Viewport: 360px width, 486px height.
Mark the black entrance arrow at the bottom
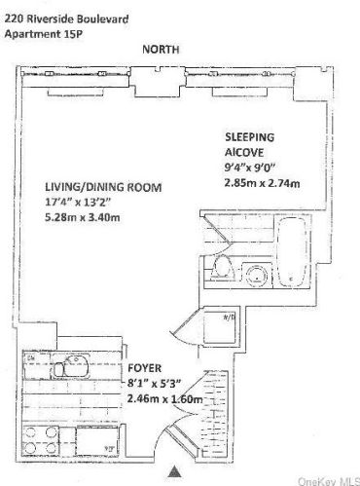pyautogui.click(x=174, y=468)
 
